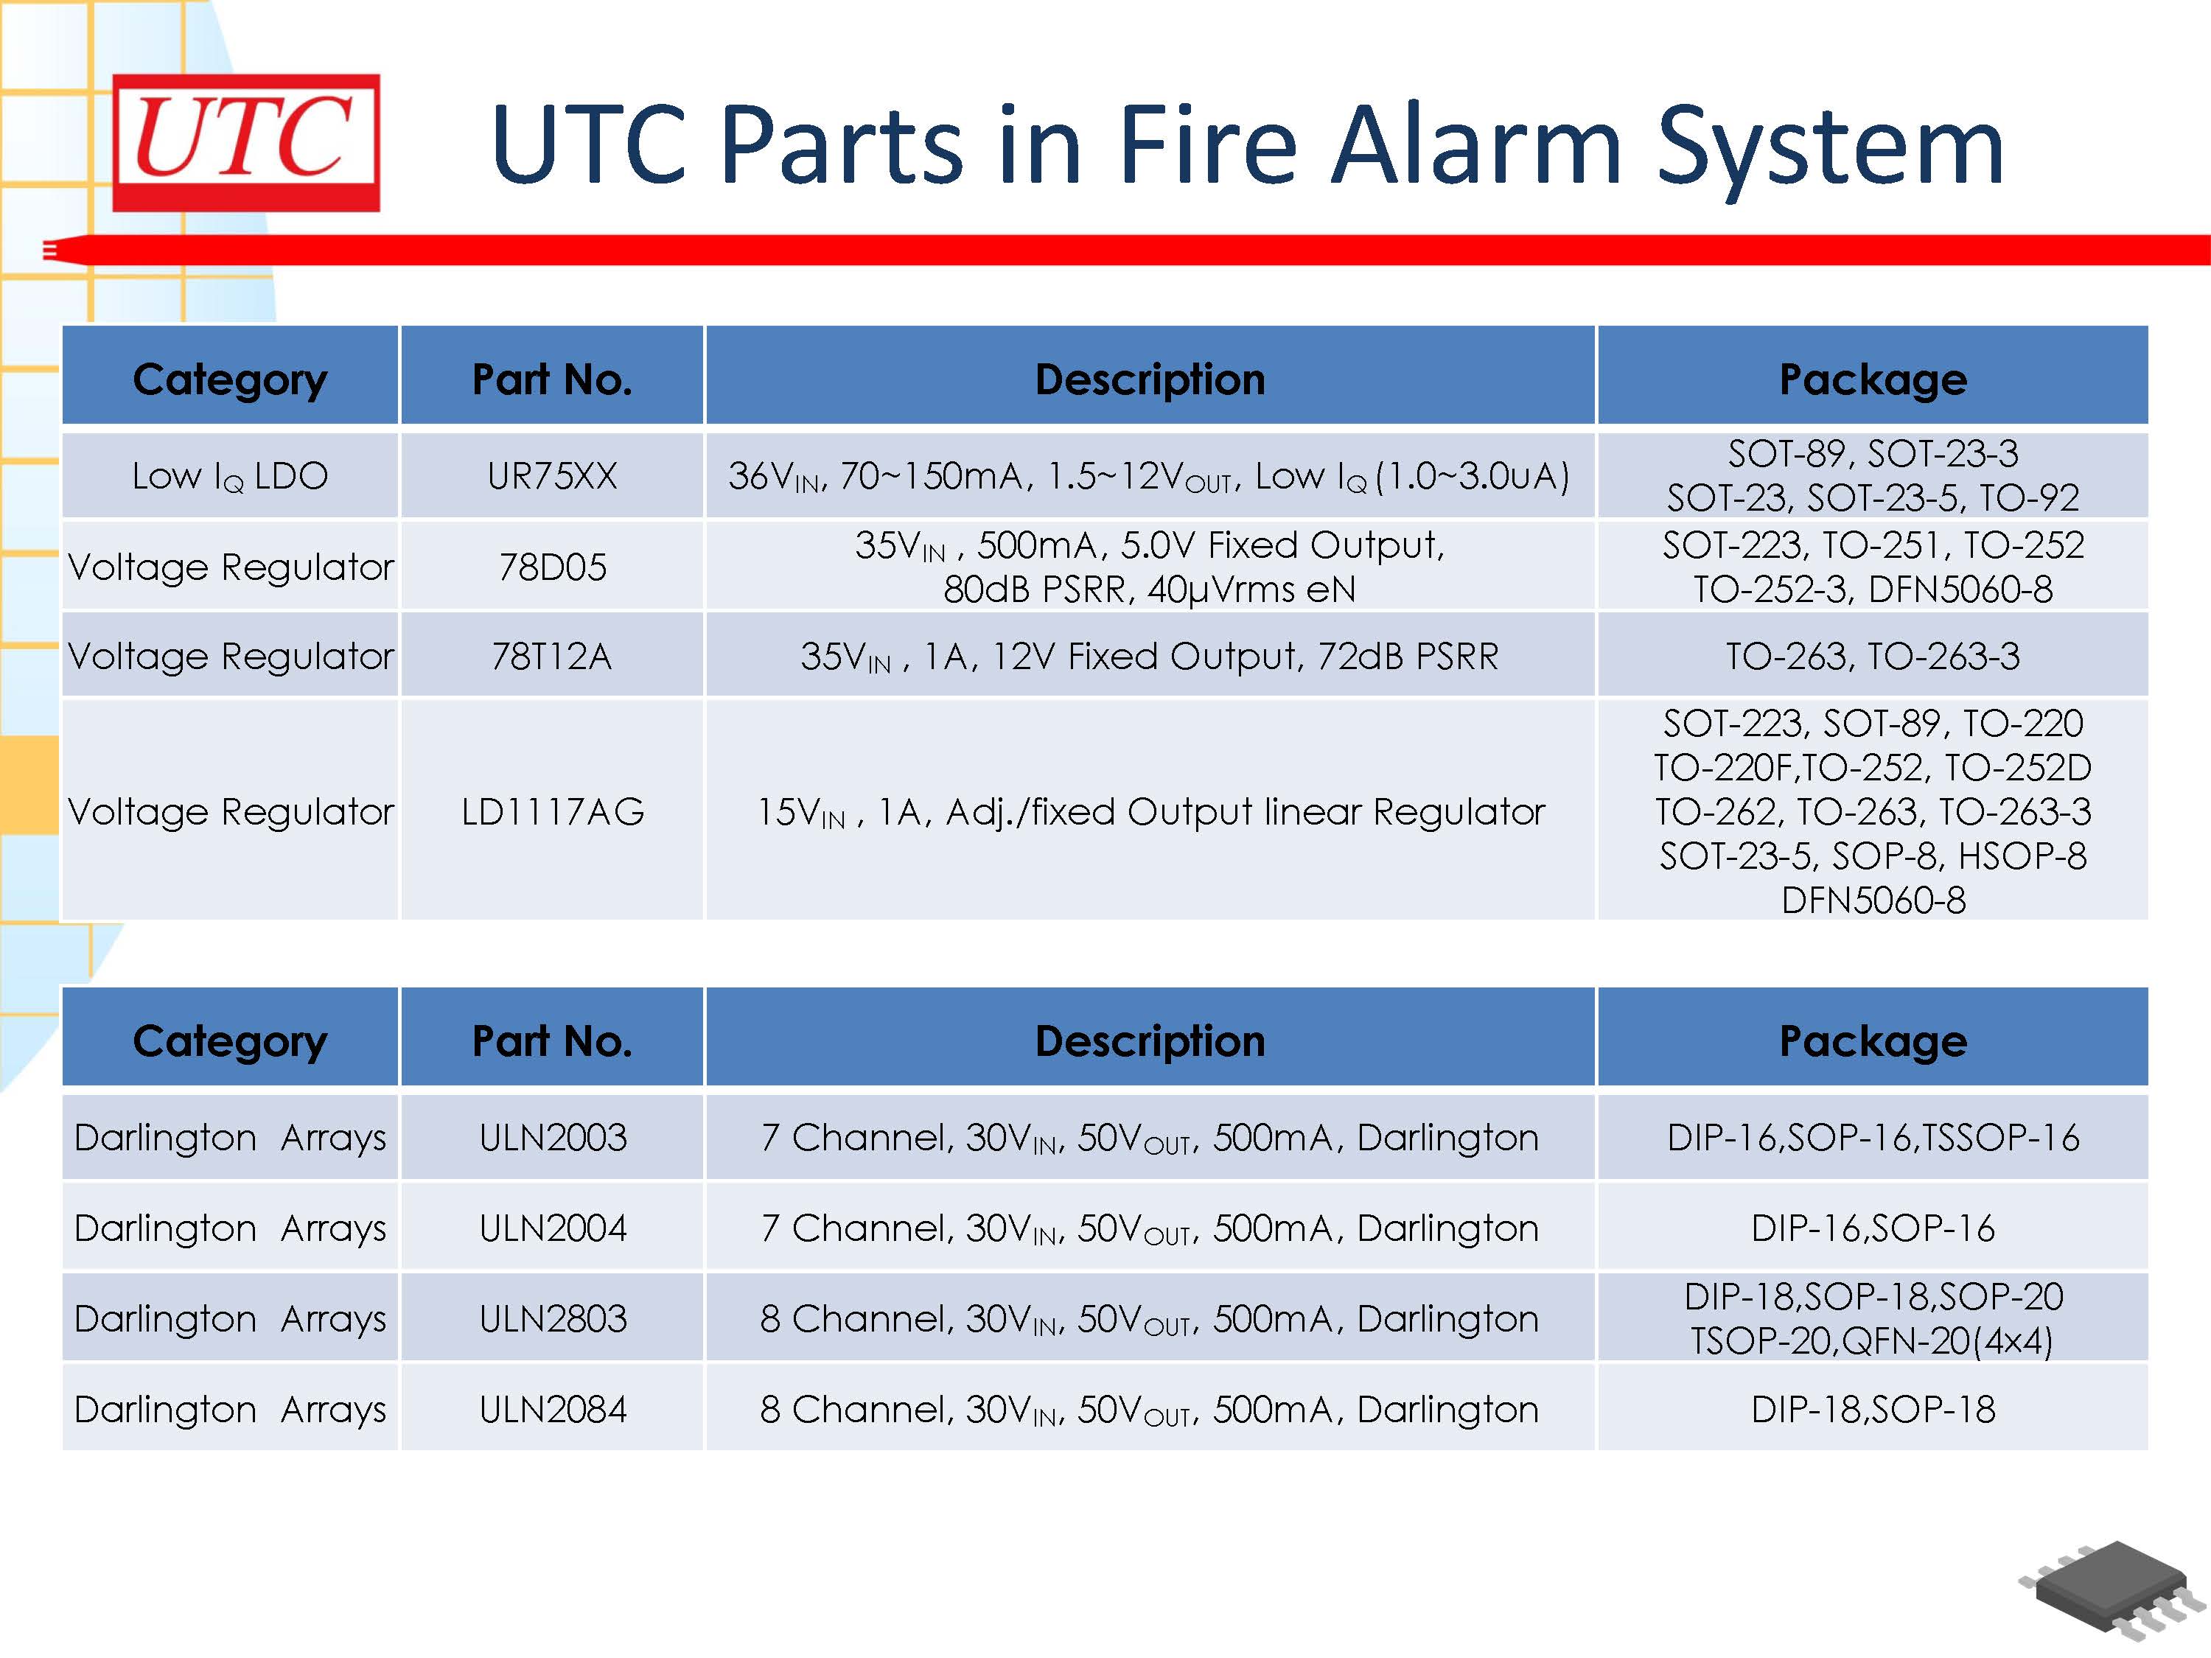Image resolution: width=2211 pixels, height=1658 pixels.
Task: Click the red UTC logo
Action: point(246,142)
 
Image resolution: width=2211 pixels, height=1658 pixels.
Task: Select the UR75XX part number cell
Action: point(552,476)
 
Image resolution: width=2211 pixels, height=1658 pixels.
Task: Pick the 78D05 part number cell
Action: point(552,567)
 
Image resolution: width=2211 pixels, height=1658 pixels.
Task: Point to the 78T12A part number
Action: point(552,656)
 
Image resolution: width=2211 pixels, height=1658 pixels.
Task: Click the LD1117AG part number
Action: point(552,811)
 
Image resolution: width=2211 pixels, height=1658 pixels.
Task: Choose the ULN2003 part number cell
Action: point(552,1137)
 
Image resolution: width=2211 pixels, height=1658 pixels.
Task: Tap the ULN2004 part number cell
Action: point(552,1227)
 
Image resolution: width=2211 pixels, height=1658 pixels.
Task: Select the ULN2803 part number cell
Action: point(552,1318)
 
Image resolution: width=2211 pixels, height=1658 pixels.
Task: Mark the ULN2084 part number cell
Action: point(552,1409)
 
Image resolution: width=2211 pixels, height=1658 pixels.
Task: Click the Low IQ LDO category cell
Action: point(230,477)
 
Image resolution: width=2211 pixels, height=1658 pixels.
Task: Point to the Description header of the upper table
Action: point(1150,379)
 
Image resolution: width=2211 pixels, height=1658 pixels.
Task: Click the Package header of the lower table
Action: point(1872,1040)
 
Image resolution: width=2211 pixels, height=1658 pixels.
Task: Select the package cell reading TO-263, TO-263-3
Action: point(1872,656)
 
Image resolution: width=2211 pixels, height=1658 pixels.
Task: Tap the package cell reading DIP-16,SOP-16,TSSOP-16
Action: point(1872,1137)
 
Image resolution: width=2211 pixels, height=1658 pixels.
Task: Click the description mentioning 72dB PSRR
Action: point(1150,657)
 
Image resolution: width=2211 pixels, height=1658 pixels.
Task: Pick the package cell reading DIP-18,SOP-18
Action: point(1872,1409)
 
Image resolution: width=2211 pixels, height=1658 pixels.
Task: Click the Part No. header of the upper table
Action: point(552,379)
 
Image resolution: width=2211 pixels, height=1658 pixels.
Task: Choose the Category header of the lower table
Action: point(230,1041)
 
